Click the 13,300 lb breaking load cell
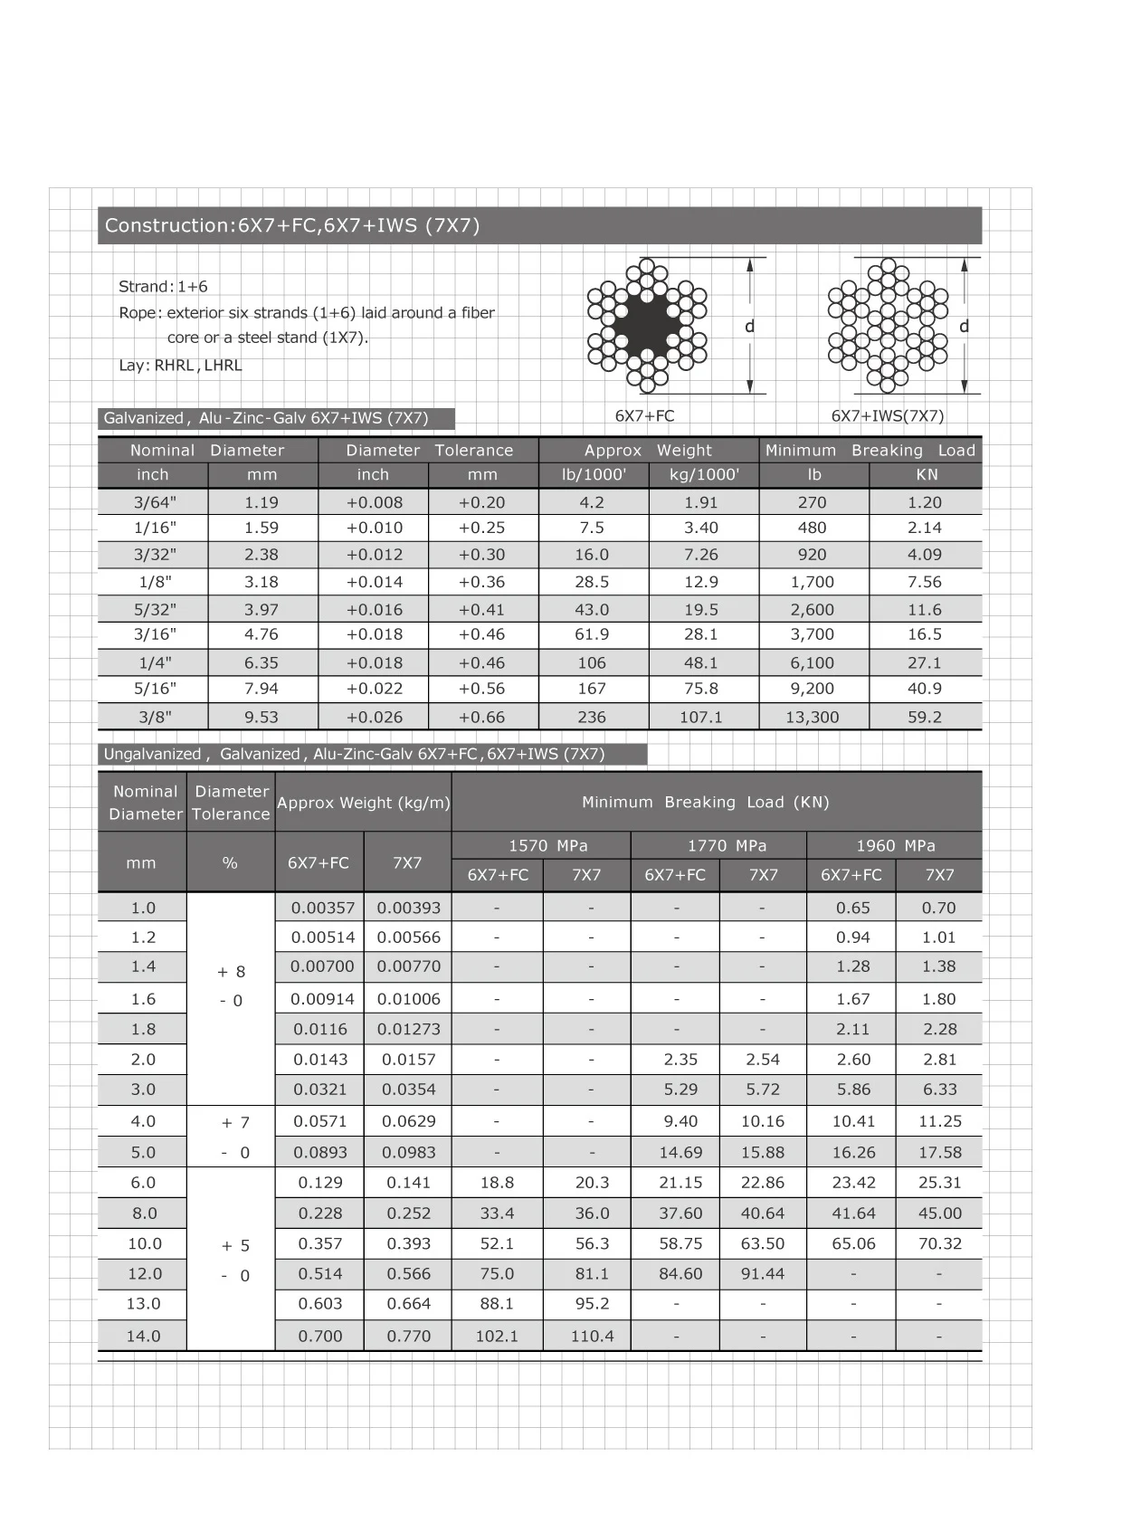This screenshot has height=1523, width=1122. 813,717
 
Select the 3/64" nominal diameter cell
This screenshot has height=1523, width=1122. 155,502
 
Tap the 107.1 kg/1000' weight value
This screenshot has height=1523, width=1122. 701,717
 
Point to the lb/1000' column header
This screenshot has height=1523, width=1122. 594,474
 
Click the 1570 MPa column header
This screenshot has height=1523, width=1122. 547,845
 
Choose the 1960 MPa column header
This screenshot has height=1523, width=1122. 895,845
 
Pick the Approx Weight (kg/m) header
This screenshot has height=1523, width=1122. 364,803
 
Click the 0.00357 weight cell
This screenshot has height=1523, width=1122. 323,908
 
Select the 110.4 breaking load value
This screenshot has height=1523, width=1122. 592,1336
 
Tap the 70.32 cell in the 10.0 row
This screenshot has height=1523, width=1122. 939,1243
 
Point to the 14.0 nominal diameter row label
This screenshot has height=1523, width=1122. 143,1336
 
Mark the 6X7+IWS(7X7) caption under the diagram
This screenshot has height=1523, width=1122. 887,416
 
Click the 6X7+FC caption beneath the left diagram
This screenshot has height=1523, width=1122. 644,416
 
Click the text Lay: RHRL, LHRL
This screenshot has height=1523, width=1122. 180,366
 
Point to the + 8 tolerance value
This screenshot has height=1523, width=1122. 232,972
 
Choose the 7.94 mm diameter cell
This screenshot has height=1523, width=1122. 261,689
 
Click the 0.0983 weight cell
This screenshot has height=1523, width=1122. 408,1153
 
